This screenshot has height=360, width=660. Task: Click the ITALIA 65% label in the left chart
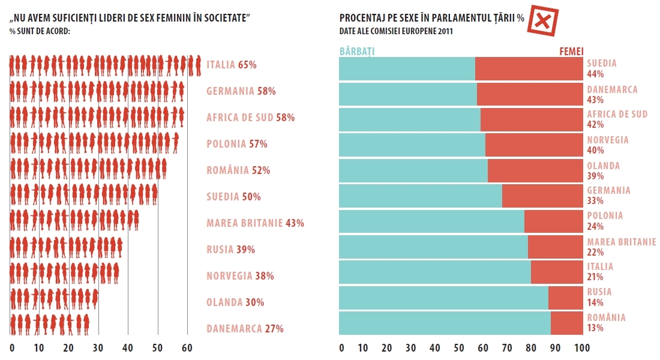[x=231, y=65]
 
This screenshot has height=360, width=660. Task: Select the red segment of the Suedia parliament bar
[x=529, y=68]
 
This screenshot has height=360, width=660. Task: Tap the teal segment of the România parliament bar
[x=445, y=323]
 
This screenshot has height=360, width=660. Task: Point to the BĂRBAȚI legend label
[x=357, y=52]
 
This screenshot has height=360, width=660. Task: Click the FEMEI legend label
[x=571, y=52]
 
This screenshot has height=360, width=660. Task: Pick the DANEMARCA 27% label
[x=245, y=329]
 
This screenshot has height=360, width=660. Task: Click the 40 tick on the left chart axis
[x=127, y=348]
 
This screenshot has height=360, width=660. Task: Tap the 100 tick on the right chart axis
[x=582, y=348]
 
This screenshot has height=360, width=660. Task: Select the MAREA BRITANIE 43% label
[x=255, y=223]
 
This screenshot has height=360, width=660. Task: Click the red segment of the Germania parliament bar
[x=542, y=196]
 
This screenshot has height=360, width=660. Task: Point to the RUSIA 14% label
[x=599, y=297]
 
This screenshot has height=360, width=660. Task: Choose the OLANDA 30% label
[x=235, y=302]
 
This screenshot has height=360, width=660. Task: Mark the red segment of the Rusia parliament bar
[x=565, y=298]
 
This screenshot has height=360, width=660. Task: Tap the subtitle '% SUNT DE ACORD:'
[x=40, y=31]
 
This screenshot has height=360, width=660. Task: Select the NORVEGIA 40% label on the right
[x=608, y=145]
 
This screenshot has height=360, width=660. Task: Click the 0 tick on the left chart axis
[x=12, y=348]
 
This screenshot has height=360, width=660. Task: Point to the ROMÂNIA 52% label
[x=238, y=170]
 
